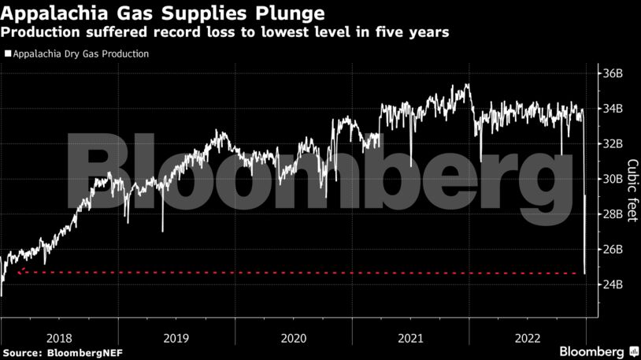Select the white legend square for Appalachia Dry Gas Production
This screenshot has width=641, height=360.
coord(7,54)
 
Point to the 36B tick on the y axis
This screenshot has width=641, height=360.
coord(613,73)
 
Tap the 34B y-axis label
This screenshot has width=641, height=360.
coord(613,109)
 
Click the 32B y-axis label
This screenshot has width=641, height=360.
coord(613,144)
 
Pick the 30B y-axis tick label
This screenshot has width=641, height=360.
coord(613,179)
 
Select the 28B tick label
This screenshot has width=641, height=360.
coord(613,214)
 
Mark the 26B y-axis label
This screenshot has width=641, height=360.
coord(613,250)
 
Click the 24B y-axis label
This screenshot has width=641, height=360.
coord(613,284)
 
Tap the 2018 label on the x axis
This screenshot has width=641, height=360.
coord(59,337)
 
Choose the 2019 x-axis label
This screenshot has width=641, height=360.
coord(176,337)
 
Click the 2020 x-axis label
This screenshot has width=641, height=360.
coord(293,337)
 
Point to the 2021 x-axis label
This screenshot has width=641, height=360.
coord(410,337)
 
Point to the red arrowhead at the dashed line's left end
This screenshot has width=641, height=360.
coord(20,272)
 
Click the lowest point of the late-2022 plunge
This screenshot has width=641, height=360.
coord(584,273)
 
